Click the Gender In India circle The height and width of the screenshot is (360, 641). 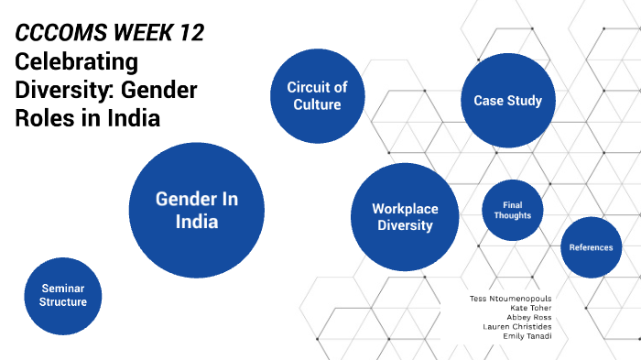[x=197, y=210]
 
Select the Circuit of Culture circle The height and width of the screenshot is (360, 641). [x=317, y=95]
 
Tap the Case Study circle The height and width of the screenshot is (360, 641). [x=507, y=101]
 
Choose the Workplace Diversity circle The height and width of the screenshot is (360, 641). [x=404, y=217]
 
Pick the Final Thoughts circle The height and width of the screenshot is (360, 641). [x=513, y=210]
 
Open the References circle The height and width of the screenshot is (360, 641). [x=591, y=247]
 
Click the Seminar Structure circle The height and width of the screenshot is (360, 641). [x=63, y=295]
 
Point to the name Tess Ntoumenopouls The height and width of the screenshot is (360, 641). [x=509, y=298]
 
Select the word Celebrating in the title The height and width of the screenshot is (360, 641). [x=76, y=62]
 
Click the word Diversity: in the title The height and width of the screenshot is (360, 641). [x=55, y=91]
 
